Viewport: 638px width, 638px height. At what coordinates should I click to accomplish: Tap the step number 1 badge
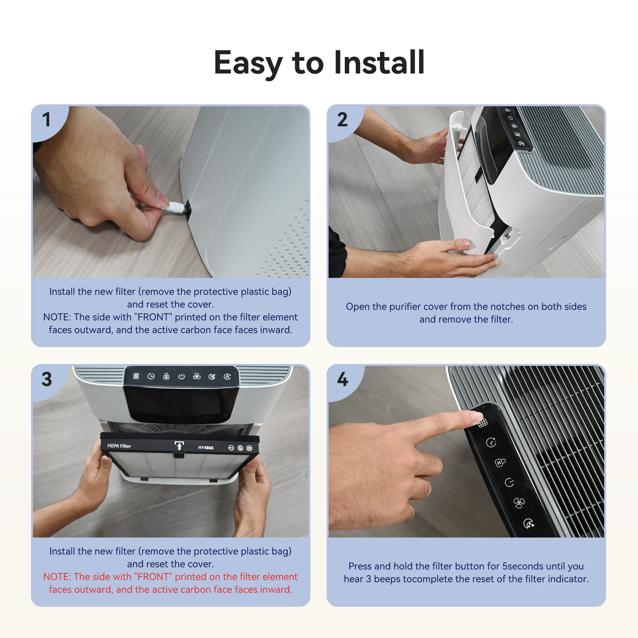tap(47, 120)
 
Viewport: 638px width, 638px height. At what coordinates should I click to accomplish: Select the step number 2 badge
tap(342, 120)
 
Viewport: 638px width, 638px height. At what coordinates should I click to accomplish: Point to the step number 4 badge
tap(342, 379)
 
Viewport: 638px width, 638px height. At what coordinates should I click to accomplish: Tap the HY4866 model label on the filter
tap(206, 448)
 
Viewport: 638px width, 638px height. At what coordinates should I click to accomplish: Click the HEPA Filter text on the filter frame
tap(119, 446)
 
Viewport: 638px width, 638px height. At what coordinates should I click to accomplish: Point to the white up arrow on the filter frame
tap(179, 445)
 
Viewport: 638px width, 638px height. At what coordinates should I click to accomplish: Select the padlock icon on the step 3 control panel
tap(167, 376)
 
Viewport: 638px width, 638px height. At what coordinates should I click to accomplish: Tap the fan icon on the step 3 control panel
tap(197, 376)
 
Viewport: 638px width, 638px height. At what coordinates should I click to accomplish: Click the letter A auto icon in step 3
tap(227, 377)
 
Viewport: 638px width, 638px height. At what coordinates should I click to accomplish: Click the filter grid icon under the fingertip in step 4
tap(483, 423)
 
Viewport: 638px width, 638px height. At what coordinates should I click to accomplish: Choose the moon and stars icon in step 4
tap(529, 523)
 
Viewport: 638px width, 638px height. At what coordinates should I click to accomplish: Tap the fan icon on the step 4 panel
tap(519, 503)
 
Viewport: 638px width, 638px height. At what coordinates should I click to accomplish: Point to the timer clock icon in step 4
tap(491, 442)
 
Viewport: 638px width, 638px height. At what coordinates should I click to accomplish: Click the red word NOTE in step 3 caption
tap(57, 576)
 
